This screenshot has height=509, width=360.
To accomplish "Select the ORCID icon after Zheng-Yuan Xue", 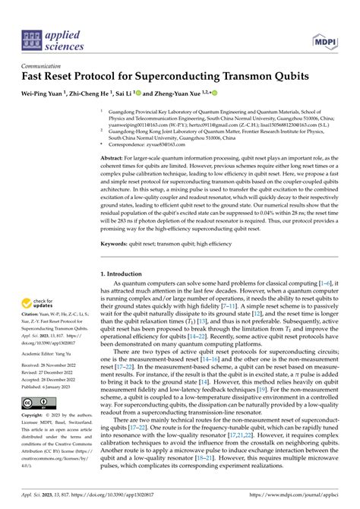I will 214,93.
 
